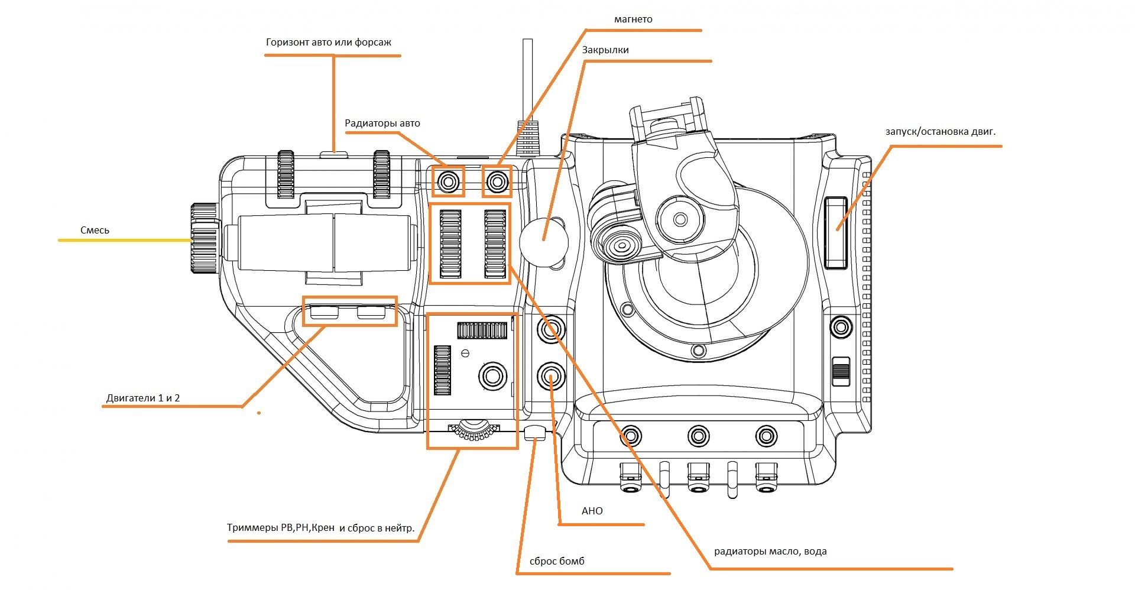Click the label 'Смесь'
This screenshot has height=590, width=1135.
[x=95, y=231]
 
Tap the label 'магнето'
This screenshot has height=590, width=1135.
[x=633, y=20]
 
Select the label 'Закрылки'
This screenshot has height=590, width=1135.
[x=605, y=50]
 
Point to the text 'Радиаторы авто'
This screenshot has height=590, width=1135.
[x=382, y=124]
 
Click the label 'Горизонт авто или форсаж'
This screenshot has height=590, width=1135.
[x=329, y=43]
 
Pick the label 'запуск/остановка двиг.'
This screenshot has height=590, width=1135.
[x=940, y=132]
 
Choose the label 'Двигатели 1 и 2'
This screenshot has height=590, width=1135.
[x=143, y=398]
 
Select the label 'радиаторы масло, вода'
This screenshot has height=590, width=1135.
[x=770, y=552]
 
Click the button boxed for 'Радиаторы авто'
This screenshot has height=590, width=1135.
[x=449, y=181]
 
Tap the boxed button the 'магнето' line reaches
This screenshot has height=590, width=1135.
[x=497, y=181]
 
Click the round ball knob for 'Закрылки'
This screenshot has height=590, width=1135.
[x=543, y=239]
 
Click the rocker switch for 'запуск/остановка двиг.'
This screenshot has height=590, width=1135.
[x=836, y=232]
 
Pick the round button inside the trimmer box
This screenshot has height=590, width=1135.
[x=492, y=375]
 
